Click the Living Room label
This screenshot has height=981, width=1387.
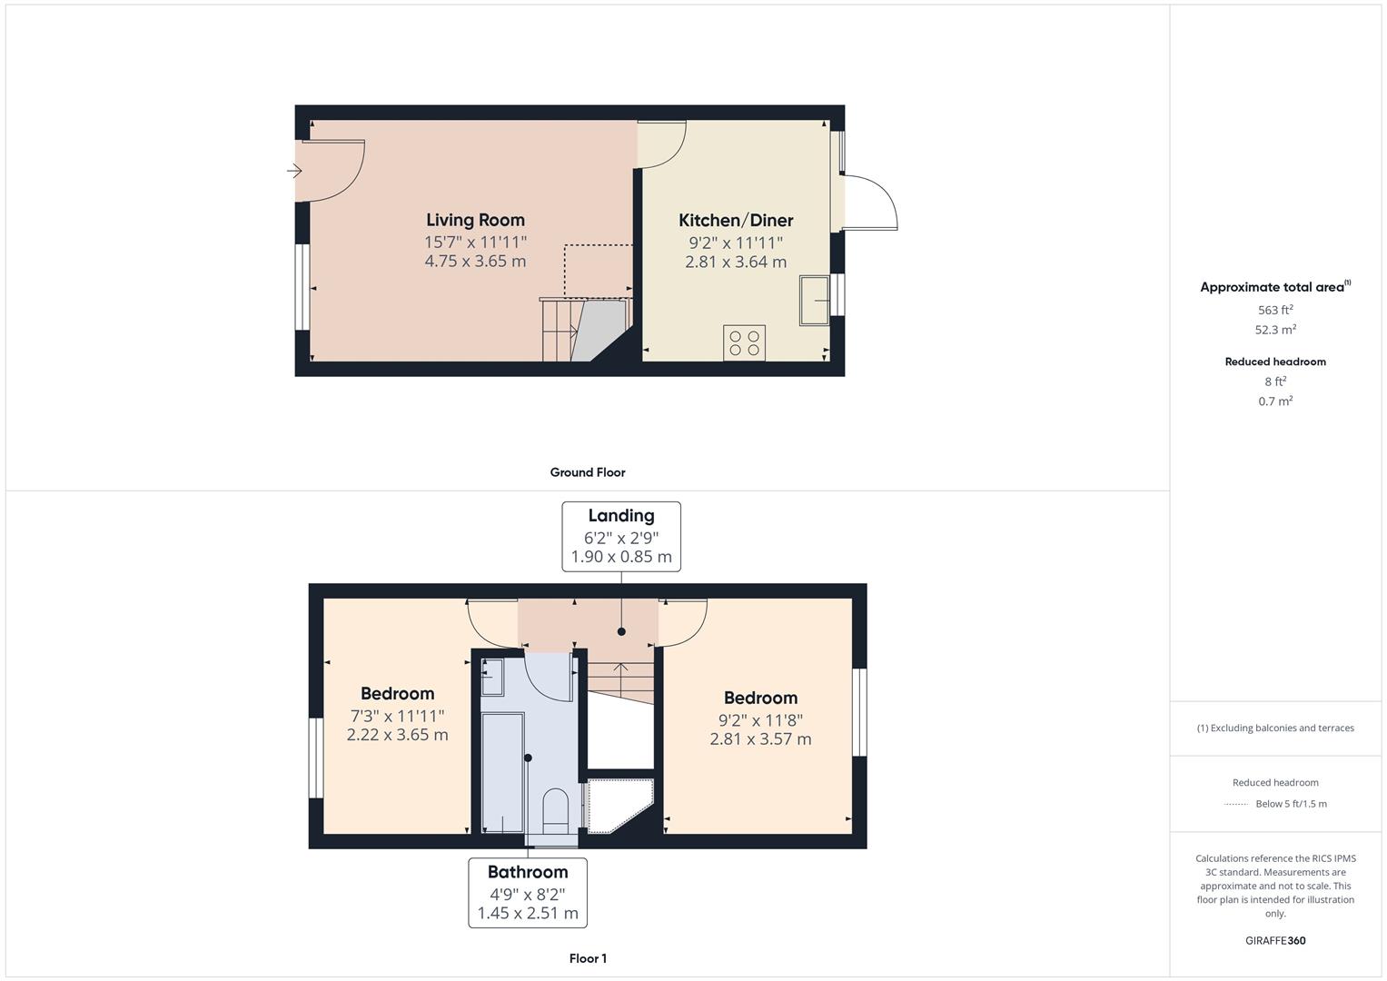(x=475, y=220)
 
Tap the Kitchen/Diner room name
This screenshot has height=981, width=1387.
(x=736, y=221)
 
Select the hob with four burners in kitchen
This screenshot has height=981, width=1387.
(x=744, y=342)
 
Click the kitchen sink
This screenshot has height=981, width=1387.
(x=814, y=300)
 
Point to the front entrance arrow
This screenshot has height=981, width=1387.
(x=293, y=171)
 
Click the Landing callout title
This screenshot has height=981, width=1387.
(x=621, y=516)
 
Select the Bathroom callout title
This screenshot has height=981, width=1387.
(x=528, y=872)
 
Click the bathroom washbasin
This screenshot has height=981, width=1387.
(x=491, y=677)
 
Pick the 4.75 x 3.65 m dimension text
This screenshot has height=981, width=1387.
(x=475, y=262)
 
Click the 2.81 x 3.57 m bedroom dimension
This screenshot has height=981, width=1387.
(x=760, y=739)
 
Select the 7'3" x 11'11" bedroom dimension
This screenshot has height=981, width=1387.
(x=397, y=716)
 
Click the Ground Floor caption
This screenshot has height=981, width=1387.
(x=588, y=472)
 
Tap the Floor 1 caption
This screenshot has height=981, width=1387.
(x=588, y=958)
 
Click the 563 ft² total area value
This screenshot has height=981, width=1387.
(x=1275, y=310)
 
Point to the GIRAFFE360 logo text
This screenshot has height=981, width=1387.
(x=1275, y=940)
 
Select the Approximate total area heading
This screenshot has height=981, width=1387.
(x=1274, y=287)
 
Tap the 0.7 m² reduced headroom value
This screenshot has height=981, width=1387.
(x=1275, y=401)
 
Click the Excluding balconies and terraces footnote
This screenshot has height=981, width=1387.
(x=1275, y=728)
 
